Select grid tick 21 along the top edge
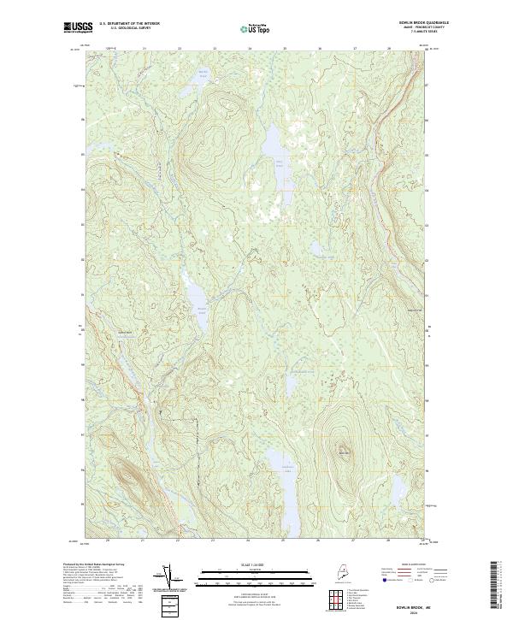(x=144, y=49)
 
